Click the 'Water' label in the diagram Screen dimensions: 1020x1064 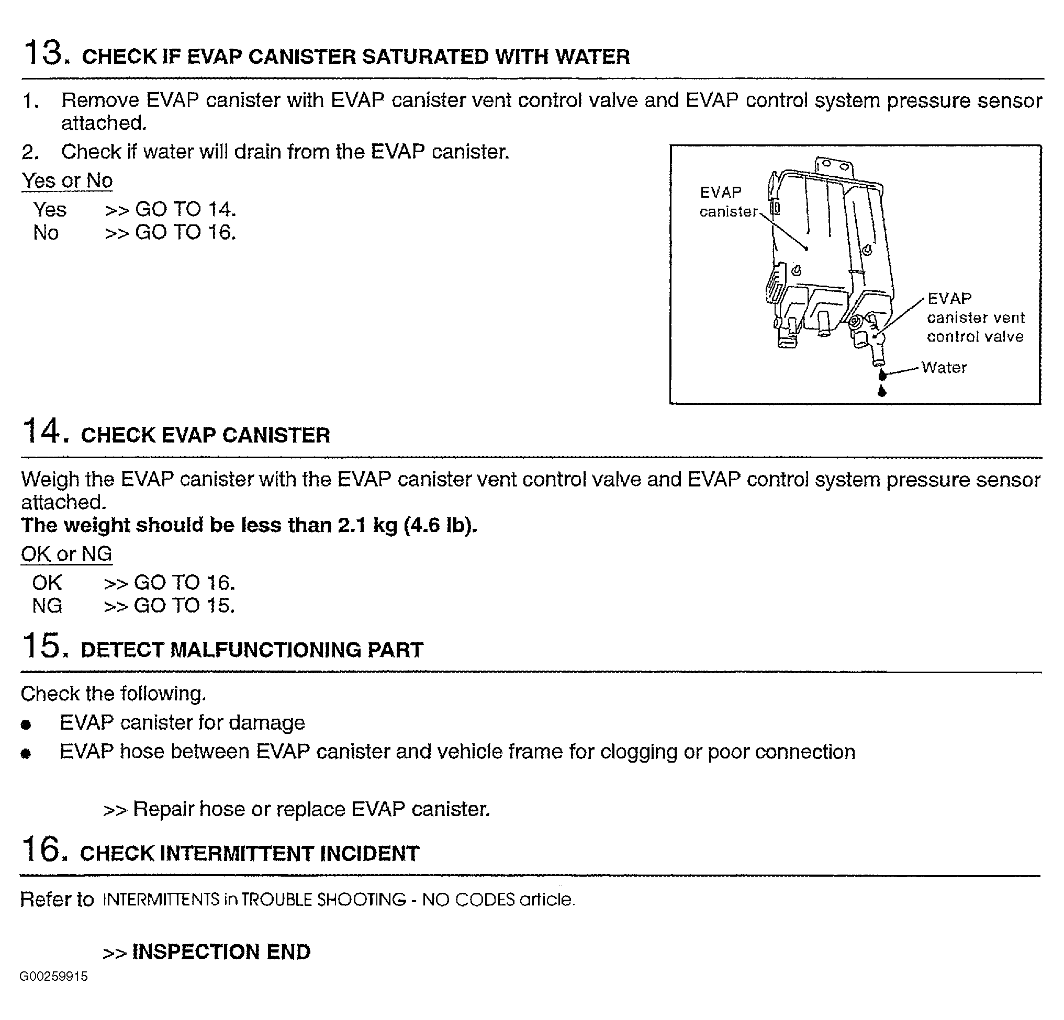(944, 368)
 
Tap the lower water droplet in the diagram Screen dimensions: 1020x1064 (881, 391)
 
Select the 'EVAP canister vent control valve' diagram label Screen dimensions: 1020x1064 (975, 318)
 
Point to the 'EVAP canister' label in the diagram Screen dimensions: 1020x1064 (727, 202)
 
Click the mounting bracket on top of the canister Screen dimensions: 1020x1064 (833, 164)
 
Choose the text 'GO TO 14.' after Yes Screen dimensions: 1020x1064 (185, 209)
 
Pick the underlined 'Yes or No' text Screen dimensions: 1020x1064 (68, 180)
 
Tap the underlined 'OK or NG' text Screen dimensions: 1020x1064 (66, 554)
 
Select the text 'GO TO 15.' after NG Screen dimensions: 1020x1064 (184, 606)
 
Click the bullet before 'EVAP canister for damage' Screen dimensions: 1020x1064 (26, 724)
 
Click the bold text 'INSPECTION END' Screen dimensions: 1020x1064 (221, 951)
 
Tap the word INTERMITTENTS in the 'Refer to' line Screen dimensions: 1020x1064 (161, 900)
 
